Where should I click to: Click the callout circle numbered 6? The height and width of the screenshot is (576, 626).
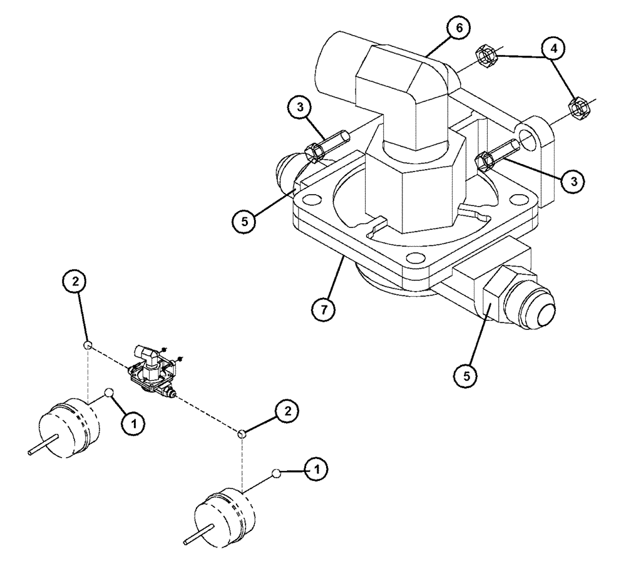[x=458, y=29]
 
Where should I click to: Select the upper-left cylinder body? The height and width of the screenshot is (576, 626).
[x=70, y=429]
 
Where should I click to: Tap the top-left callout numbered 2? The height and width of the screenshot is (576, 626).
[x=74, y=282]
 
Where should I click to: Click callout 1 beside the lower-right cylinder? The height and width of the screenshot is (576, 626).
[x=317, y=469]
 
